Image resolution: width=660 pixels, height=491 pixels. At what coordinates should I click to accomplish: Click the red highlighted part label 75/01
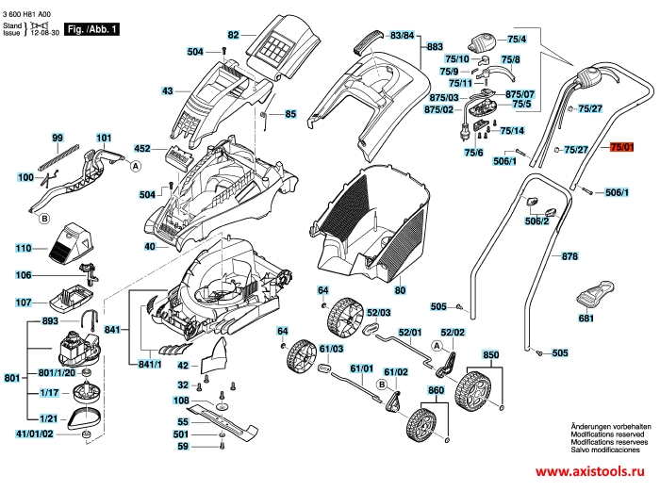(x=623, y=148)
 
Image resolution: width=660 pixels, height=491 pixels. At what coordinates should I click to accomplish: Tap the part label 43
(x=168, y=91)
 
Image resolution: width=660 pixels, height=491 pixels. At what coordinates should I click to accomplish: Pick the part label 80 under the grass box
(x=400, y=290)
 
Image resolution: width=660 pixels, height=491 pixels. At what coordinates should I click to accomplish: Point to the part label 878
(x=569, y=256)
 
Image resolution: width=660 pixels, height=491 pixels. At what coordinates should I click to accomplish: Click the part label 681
(x=586, y=319)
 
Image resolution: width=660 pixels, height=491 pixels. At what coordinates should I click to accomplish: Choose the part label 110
(x=24, y=249)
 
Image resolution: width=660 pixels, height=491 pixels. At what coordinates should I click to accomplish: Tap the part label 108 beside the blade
(x=182, y=401)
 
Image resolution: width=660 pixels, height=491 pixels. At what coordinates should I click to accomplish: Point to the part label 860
(x=436, y=390)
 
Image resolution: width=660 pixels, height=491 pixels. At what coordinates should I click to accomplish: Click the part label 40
(x=150, y=247)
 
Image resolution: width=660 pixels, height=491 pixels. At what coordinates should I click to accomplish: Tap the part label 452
(x=142, y=149)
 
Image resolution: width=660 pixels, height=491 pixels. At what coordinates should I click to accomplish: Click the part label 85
(x=290, y=114)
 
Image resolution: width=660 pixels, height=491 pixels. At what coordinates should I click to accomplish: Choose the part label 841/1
(x=151, y=363)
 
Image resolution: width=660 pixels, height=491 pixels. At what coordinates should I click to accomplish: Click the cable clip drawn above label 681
(x=593, y=294)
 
